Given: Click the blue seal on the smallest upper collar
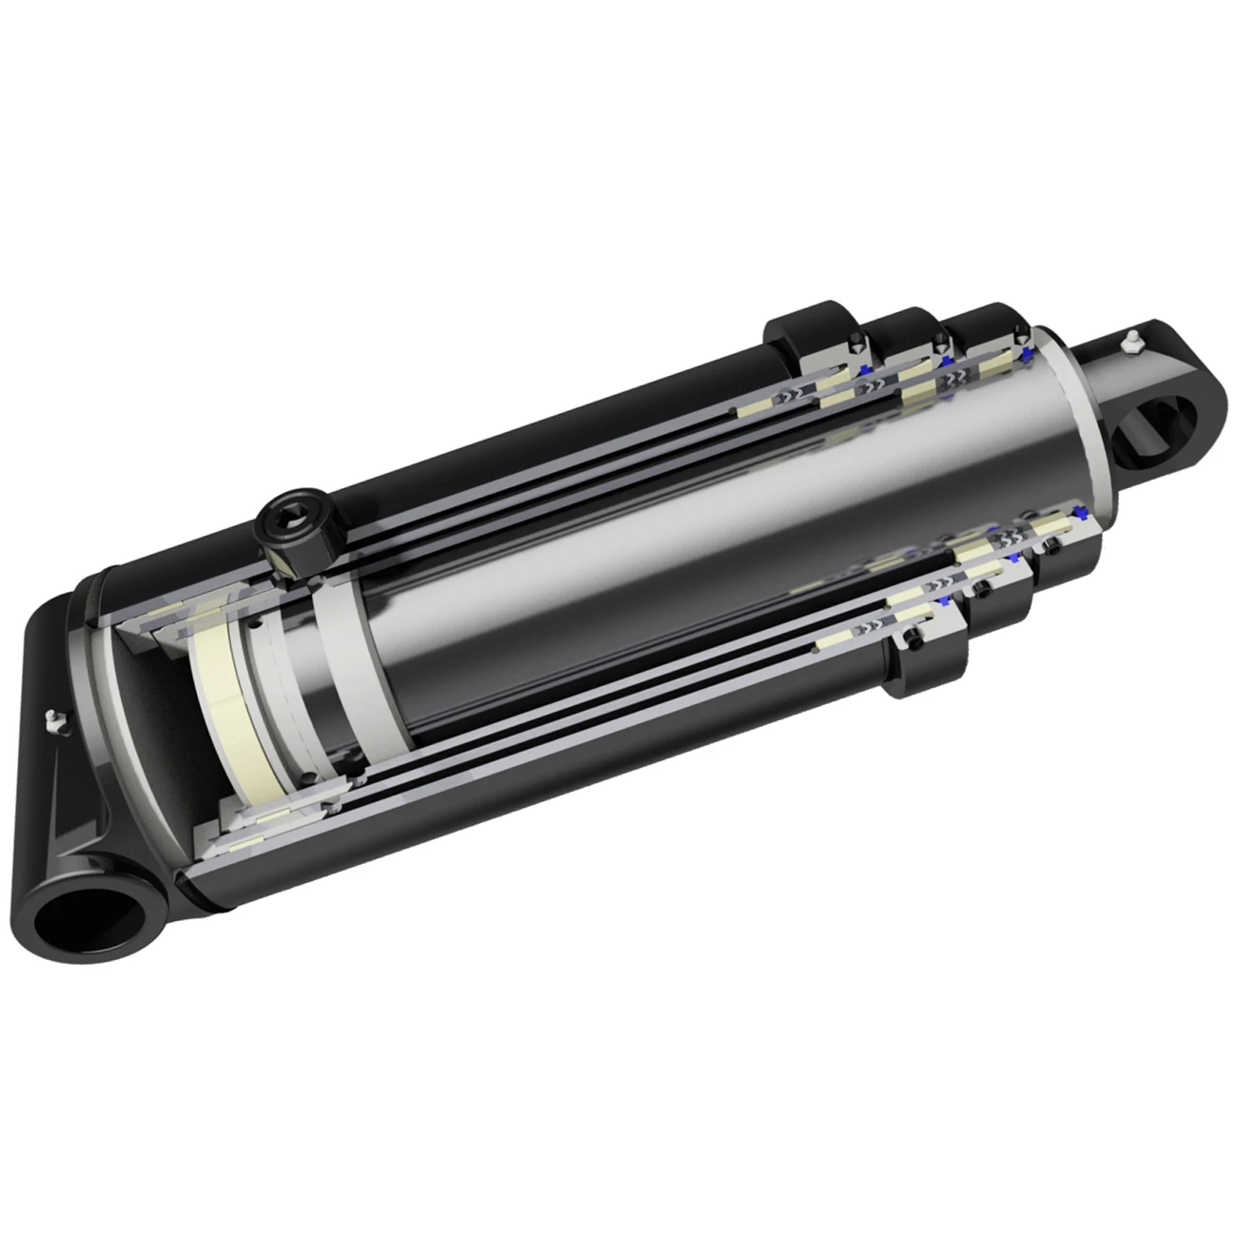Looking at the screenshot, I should tap(1027, 354).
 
